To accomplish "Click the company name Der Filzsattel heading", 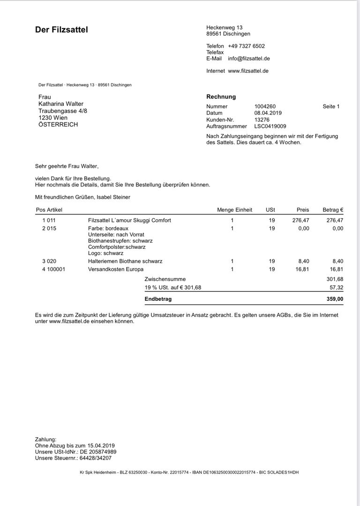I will (x=61, y=30).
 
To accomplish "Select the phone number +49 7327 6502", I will (x=246, y=46).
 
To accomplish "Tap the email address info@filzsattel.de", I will (x=248, y=59).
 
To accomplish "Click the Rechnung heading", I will (x=221, y=97).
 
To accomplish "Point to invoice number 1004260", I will (x=265, y=106).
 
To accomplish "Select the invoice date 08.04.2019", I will (x=268, y=113).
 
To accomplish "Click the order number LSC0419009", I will (x=270, y=126).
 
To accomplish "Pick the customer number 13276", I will (x=262, y=119).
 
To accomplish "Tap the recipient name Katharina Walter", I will (x=61, y=104).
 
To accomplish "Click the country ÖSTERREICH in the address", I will (x=58, y=125).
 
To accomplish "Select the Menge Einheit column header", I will (x=234, y=210).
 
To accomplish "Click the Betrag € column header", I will (x=333, y=210).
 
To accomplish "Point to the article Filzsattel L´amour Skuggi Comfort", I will (x=129, y=220).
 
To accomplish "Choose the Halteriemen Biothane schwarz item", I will (x=125, y=261).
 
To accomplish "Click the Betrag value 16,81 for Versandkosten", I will (x=336, y=269).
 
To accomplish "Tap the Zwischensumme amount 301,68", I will (x=335, y=279).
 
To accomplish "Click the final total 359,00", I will (x=335, y=298).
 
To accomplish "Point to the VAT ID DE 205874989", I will (x=98, y=452).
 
